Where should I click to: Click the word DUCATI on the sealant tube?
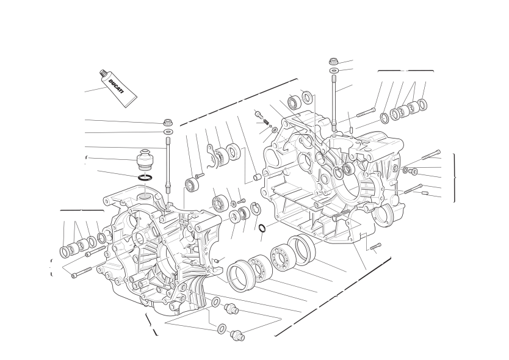pos(116,87)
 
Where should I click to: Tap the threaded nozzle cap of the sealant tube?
pos(103,74)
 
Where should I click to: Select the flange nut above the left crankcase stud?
pos(168,123)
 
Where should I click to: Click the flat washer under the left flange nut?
pos(168,131)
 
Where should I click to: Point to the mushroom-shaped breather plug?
pos(143,159)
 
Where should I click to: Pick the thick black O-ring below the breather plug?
pos(145,178)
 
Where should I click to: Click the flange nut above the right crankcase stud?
pos(334,61)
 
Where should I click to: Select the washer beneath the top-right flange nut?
pos(334,70)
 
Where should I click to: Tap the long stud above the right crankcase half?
pos(334,103)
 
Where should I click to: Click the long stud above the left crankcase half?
pos(168,165)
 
